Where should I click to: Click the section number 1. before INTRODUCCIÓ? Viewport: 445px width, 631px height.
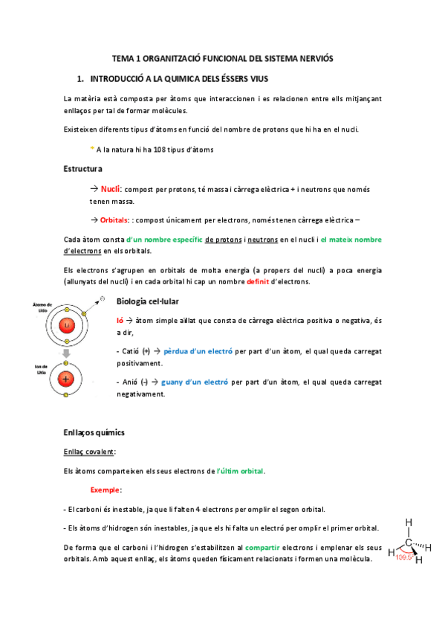click(x=81, y=78)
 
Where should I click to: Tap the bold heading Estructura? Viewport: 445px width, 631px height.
click(x=82, y=169)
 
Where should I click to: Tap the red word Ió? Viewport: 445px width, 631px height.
click(x=121, y=319)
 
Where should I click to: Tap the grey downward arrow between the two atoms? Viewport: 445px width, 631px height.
click(x=66, y=353)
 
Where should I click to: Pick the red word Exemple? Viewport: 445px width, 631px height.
click(x=106, y=490)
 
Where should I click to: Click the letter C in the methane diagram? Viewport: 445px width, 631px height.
click(x=409, y=542)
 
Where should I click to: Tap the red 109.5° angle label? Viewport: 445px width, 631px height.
click(x=405, y=556)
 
